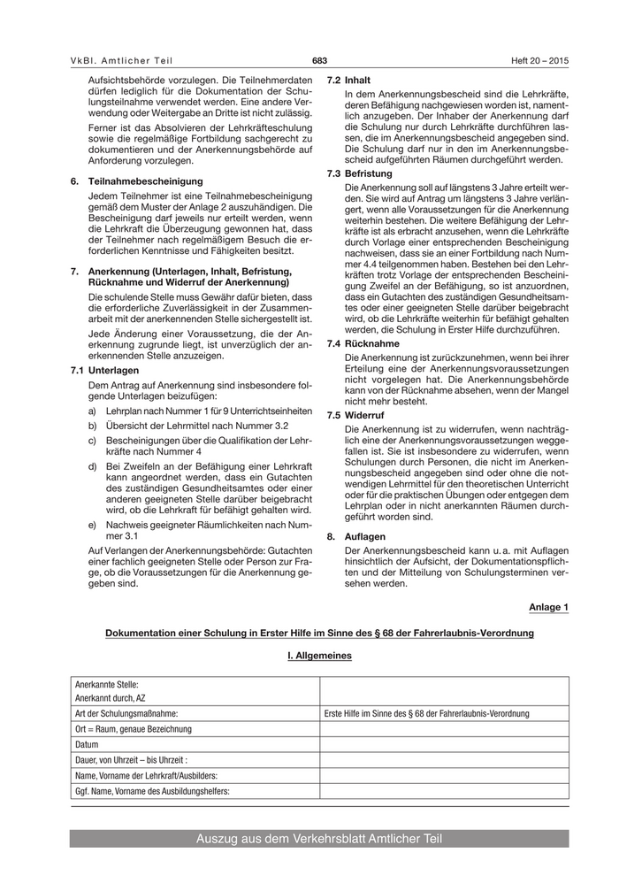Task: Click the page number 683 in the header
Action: [x=319, y=60]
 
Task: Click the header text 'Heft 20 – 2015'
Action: [x=539, y=60]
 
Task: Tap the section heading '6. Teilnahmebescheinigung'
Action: [x=136, y=181]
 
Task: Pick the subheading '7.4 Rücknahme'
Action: [x=358, y=342]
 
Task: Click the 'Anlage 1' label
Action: [x=548, y=607]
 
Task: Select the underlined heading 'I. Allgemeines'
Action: [x=319, y=656]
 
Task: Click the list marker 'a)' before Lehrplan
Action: [x=93, y=411]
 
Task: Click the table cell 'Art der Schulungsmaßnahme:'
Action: [x=126, y=713]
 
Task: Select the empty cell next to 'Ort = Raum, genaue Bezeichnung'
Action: [x=444, y=729]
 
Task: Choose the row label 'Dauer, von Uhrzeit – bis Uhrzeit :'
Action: [x=132, y=760]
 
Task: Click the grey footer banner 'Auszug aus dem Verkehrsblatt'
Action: [x=319, y=839]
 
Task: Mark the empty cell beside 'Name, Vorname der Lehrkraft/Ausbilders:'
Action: [x=444, y=776]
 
